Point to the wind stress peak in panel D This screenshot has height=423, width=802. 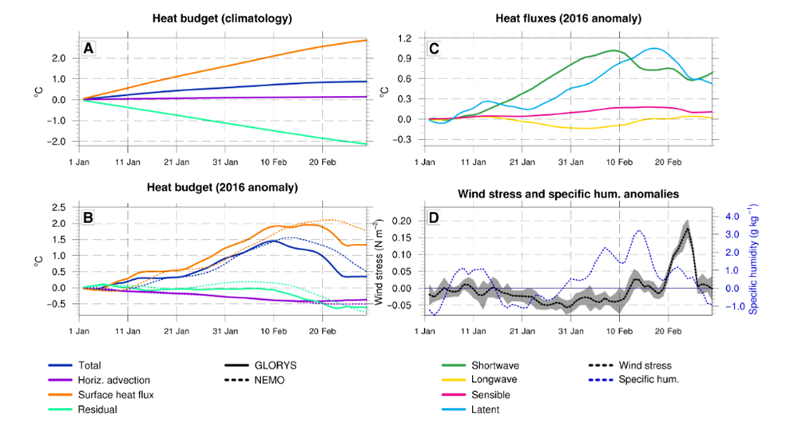687,229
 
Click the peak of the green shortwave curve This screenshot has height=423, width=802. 613,50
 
